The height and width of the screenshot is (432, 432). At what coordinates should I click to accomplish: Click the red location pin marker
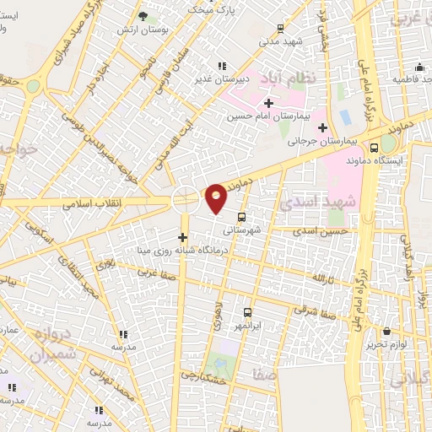pyautogui.click(x=217, y=198)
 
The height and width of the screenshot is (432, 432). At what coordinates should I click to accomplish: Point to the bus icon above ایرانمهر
pyautogui.click(x=247, y=311)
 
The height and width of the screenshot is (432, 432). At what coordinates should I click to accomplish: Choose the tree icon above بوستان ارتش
pyautogui.click(x=142, y=16)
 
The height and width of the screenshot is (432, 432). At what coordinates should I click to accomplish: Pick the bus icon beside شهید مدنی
pyautogui.click(x=279, y=29)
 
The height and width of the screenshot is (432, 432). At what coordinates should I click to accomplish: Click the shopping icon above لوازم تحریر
pyautogui.click(x=387, y=331)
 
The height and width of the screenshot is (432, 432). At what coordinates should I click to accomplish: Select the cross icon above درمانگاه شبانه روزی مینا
pyautogui.click(x=182, y=236)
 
